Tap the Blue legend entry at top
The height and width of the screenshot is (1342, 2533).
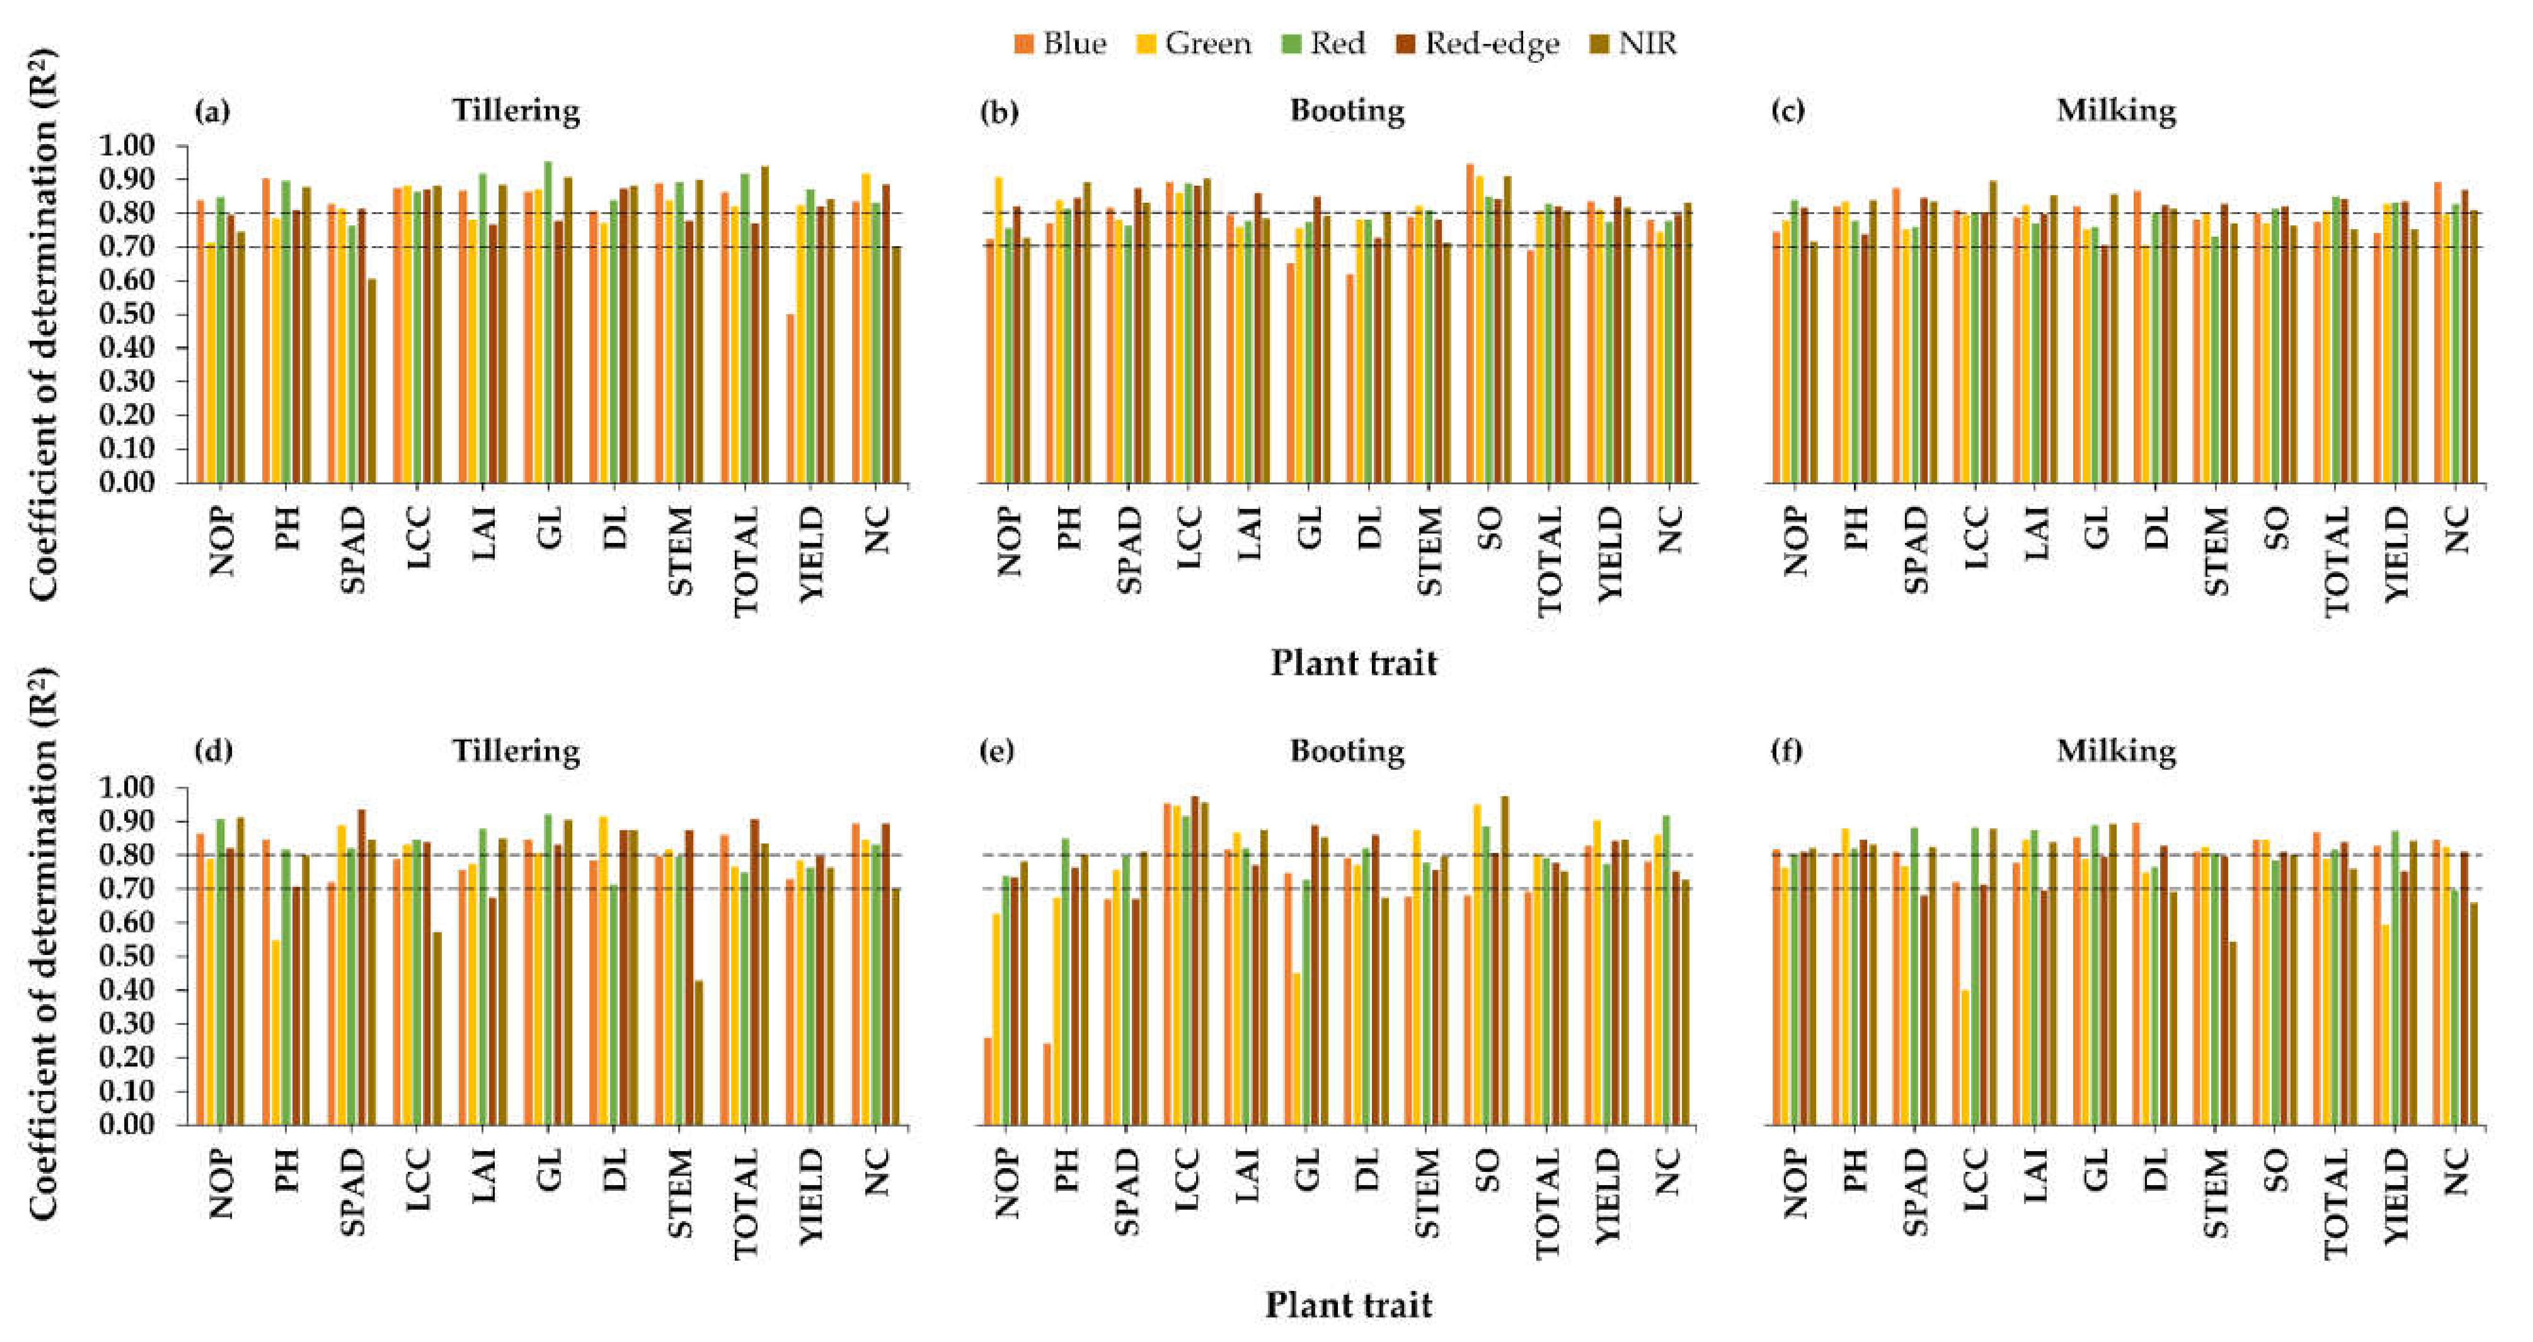[1060, 43]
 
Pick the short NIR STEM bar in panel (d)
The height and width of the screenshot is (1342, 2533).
[698, 1052]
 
